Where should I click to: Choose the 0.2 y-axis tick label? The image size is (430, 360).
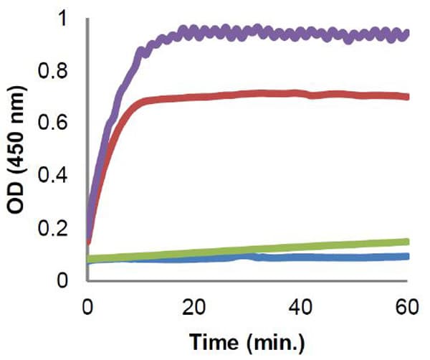(x=60, y=228)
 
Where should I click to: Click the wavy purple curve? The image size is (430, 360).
(x=287, y=33)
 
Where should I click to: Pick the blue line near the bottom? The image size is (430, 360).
(x=322, y=257)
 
